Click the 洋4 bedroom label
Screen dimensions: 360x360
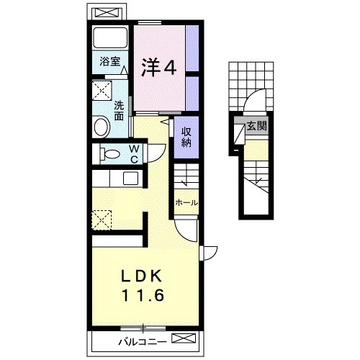click(159, 68)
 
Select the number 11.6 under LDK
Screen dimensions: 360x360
click(143, 295)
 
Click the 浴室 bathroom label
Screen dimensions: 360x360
click(110, 62)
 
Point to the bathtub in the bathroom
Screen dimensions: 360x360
click(110, 38)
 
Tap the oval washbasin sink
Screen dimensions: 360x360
click(102, 127)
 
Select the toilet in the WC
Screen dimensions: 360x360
click(109, 154)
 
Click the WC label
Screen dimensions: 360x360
click(134, 154)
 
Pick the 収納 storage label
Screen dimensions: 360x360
click(186, 137)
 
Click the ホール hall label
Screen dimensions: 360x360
click(186, 203)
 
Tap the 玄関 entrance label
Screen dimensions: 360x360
click(257, 126)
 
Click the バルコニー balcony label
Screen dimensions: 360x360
click(143, 342)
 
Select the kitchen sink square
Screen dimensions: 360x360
click(130, 179)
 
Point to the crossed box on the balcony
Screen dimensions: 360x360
click(184, 338)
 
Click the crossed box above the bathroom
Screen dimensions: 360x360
click(107, 13)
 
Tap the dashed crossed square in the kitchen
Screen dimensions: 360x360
click(102, 220)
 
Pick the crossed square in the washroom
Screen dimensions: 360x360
click(102, 90)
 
